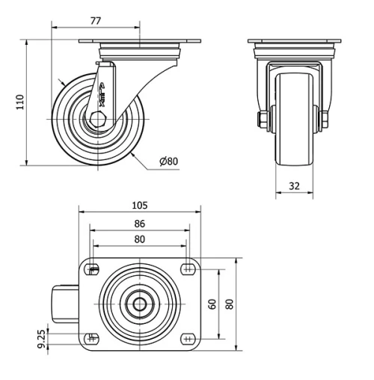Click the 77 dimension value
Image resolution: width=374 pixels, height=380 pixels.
(96, 21)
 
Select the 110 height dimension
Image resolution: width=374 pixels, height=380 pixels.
(20, 99)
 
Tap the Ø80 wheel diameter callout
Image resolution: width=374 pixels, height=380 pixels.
(169, 162)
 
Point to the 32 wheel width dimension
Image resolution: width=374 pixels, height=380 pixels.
(294, 186)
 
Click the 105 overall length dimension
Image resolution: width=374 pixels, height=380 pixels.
(139, 205)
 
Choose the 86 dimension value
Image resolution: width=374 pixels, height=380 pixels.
(139, 223)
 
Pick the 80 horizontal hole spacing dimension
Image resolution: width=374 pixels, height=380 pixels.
(139, 239)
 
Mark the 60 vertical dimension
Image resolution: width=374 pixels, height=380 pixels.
(212, 304)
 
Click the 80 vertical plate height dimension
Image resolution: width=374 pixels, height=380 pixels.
(230, 304)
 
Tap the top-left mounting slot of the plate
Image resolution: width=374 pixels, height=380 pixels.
(93, 270)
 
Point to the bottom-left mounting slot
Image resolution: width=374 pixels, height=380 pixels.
(93, 338)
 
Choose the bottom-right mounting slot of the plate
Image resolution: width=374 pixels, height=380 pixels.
(186, 338)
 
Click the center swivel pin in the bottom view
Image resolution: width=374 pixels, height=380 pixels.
(140, 304)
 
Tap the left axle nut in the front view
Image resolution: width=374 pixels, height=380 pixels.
(263, 119)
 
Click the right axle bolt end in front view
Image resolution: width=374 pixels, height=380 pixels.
(326, 119)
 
